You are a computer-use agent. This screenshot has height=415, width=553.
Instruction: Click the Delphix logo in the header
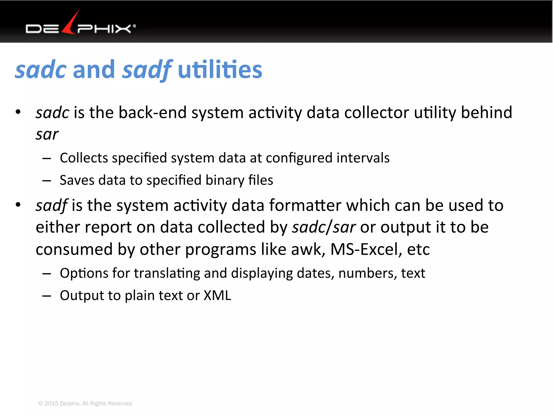pos(80,26)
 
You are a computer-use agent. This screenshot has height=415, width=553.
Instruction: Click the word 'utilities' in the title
pos(220,70)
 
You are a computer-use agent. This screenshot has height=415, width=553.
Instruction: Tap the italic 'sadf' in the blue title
pos(147,70)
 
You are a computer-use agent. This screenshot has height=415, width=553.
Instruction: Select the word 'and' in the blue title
pos(94,70)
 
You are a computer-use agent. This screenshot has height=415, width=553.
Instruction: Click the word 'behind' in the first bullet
pos(486,112)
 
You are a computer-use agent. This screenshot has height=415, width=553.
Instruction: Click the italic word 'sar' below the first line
pos(47,134)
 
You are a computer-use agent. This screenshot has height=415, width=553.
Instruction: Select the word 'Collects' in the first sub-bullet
pos(83,158)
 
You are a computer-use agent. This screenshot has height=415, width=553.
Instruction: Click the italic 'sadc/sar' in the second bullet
pos(323,227)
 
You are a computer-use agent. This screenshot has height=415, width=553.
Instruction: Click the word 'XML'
pos(217,295)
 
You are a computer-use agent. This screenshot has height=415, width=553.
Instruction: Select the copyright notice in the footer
pos(85,403)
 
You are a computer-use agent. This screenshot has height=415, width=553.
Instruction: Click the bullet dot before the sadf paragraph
pos(18,205)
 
